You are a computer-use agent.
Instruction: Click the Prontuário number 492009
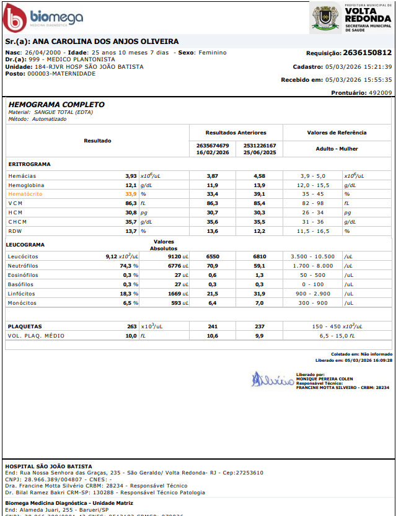point(380,92)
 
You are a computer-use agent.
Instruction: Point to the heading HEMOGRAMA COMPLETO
point(56,105)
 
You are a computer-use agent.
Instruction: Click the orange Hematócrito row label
point(25,194)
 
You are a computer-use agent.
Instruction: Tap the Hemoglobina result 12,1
point(131,185)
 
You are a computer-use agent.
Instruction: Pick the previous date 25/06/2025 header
point(260,152)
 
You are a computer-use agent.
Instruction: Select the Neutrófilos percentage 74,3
point(128,265)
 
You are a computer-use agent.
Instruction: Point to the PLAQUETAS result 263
point(131,326)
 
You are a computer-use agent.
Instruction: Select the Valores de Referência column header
point(337,133)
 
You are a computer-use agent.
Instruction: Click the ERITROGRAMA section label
point(30,164)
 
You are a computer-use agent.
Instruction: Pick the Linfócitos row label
point(22,294)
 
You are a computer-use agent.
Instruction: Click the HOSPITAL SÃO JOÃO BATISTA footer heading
point(48,466)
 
